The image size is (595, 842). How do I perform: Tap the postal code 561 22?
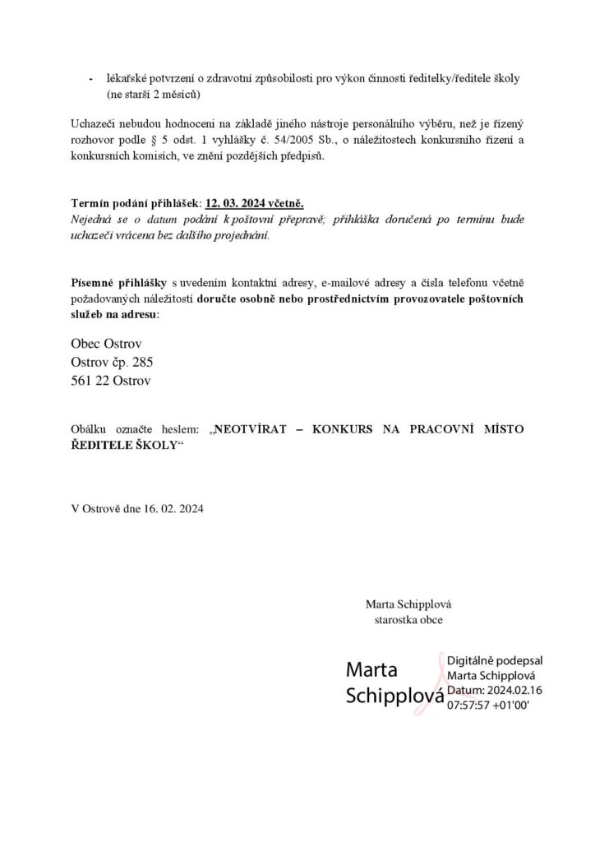coord(90,380)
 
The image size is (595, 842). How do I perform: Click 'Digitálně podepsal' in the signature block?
coord(495,660)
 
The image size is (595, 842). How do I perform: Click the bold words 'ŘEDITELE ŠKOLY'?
coord(123,445)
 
